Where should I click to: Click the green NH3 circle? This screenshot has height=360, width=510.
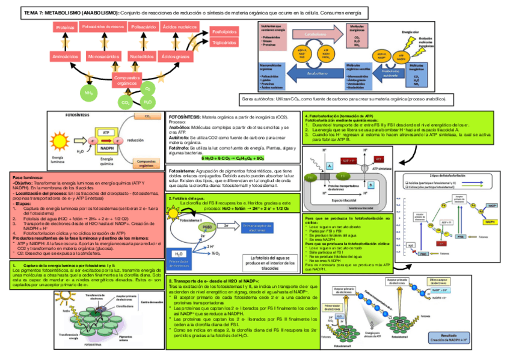point(88,93)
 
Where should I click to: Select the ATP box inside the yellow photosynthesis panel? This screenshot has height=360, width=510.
point(106,132)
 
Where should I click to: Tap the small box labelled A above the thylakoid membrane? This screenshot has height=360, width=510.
point(330,165)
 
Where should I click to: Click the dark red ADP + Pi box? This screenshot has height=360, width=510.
point(349,162)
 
